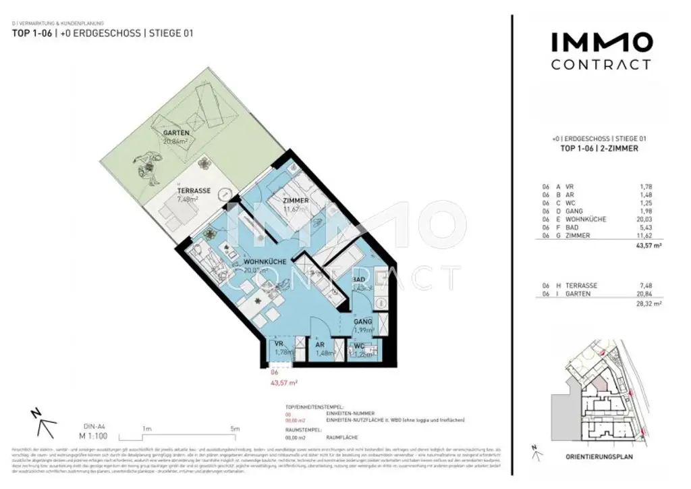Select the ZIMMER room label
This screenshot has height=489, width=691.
coord(296,201)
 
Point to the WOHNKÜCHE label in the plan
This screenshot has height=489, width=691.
coord(266,261)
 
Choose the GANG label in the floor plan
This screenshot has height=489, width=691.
coord(363,321)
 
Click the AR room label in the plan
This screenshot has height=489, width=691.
coord(321,344)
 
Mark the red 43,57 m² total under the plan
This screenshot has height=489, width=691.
coord(283,382)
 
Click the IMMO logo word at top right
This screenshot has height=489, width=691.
coord(601,43)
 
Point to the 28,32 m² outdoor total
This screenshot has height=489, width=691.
coord(650,304)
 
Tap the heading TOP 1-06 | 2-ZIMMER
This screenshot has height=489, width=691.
coord(600,148)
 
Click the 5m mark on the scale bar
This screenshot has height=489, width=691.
coord(234,429)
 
